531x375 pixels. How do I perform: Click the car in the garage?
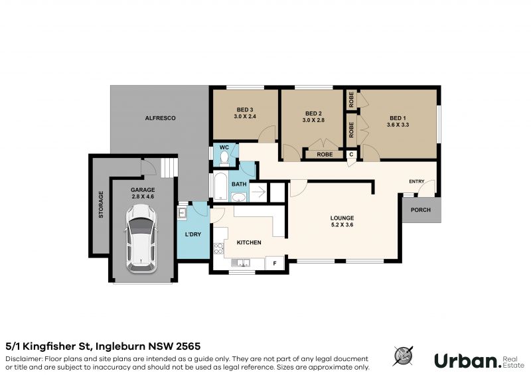click(x=141, y=239)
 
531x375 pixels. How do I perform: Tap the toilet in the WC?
click(x=224, y=159)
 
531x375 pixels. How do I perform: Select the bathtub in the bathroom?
click(x=221, y=187)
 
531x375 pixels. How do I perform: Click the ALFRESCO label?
click(x=160, y=118)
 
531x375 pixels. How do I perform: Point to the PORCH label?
click(x=421, y=210)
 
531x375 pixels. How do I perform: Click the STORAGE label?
click(x=101, y=204)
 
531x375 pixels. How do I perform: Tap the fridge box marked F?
click(x=275, y=263)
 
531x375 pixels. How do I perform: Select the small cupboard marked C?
click(x=351, y=155)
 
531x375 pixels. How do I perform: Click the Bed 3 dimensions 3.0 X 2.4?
click(x=245, y=116)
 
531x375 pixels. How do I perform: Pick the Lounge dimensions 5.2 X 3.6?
click(x=342, y=224)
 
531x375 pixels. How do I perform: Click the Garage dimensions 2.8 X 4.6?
click(x=143, y=196)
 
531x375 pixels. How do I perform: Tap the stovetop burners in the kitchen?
click(x=218, y=249)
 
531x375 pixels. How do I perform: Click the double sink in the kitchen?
click(x=240, y=263)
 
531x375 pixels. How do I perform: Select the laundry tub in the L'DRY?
click(x=182, y=214)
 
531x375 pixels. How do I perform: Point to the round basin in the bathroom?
click(x=239, y=197)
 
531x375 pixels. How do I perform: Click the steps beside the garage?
click(x=169, y=168)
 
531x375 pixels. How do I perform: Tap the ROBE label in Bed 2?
click(x=325, y=155)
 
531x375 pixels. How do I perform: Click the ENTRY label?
click(x=417, y=182)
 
